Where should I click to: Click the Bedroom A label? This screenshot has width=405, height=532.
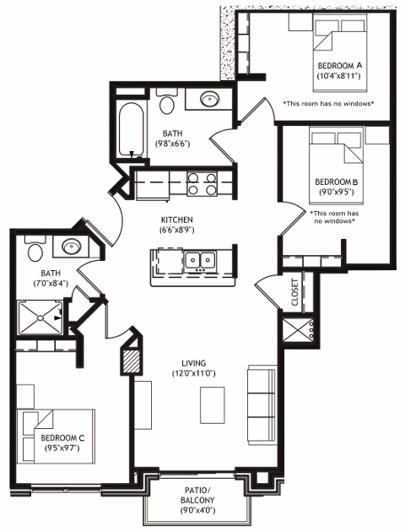coord(339,65)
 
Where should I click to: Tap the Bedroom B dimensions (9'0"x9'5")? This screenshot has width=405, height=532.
coord(336,192)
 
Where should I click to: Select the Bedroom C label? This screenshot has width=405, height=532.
coord(62,437)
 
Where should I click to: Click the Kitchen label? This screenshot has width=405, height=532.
coord(177,220)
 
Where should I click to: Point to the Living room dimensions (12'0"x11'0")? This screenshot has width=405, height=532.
coord(194,373)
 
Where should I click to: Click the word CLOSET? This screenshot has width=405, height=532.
coord(294,292)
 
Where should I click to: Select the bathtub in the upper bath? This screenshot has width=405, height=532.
coord(131,129)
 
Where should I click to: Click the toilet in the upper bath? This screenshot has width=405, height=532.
coord(167,101)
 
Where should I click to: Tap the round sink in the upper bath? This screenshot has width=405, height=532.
coord(209,99)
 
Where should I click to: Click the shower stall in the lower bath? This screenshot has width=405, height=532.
coord(40,318)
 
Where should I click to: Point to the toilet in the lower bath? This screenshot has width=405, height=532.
coord(35,248)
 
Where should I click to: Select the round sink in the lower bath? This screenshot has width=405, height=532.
coord(71,246)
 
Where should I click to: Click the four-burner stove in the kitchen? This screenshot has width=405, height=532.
coord(202,183)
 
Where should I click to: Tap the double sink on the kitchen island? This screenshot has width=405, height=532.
coord(200,260)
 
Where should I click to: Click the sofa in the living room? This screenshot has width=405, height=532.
coord(262,405)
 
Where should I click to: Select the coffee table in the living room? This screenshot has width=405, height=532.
coord(213,405)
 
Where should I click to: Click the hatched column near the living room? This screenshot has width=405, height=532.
coord(131,361)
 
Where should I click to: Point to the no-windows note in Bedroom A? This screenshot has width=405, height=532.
coord(328,104)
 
